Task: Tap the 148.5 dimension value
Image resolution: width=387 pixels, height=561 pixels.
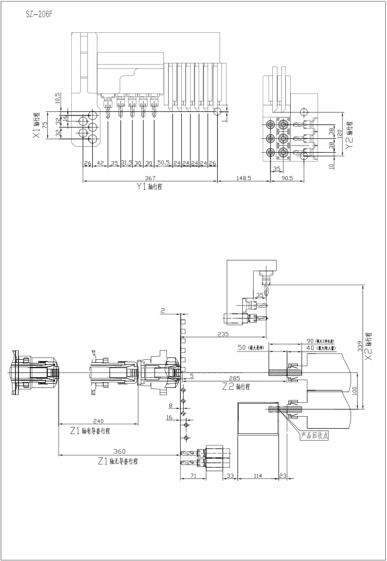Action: click(x=243, y=178)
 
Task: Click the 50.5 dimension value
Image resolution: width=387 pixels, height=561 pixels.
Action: click(x=163, y=163)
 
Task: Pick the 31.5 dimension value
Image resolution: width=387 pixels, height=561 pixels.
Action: click(x=126, y=163)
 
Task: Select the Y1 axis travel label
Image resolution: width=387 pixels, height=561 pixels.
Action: click(x=150, y=187)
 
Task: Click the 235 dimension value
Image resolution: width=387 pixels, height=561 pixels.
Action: click(x=223, y=334)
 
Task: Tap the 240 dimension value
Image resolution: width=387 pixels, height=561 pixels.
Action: click(x=98, y=421)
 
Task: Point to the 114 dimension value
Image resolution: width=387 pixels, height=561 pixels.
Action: click(x=258, y=475)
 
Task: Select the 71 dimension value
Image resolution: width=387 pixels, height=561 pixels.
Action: click(x=193, y=475)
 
